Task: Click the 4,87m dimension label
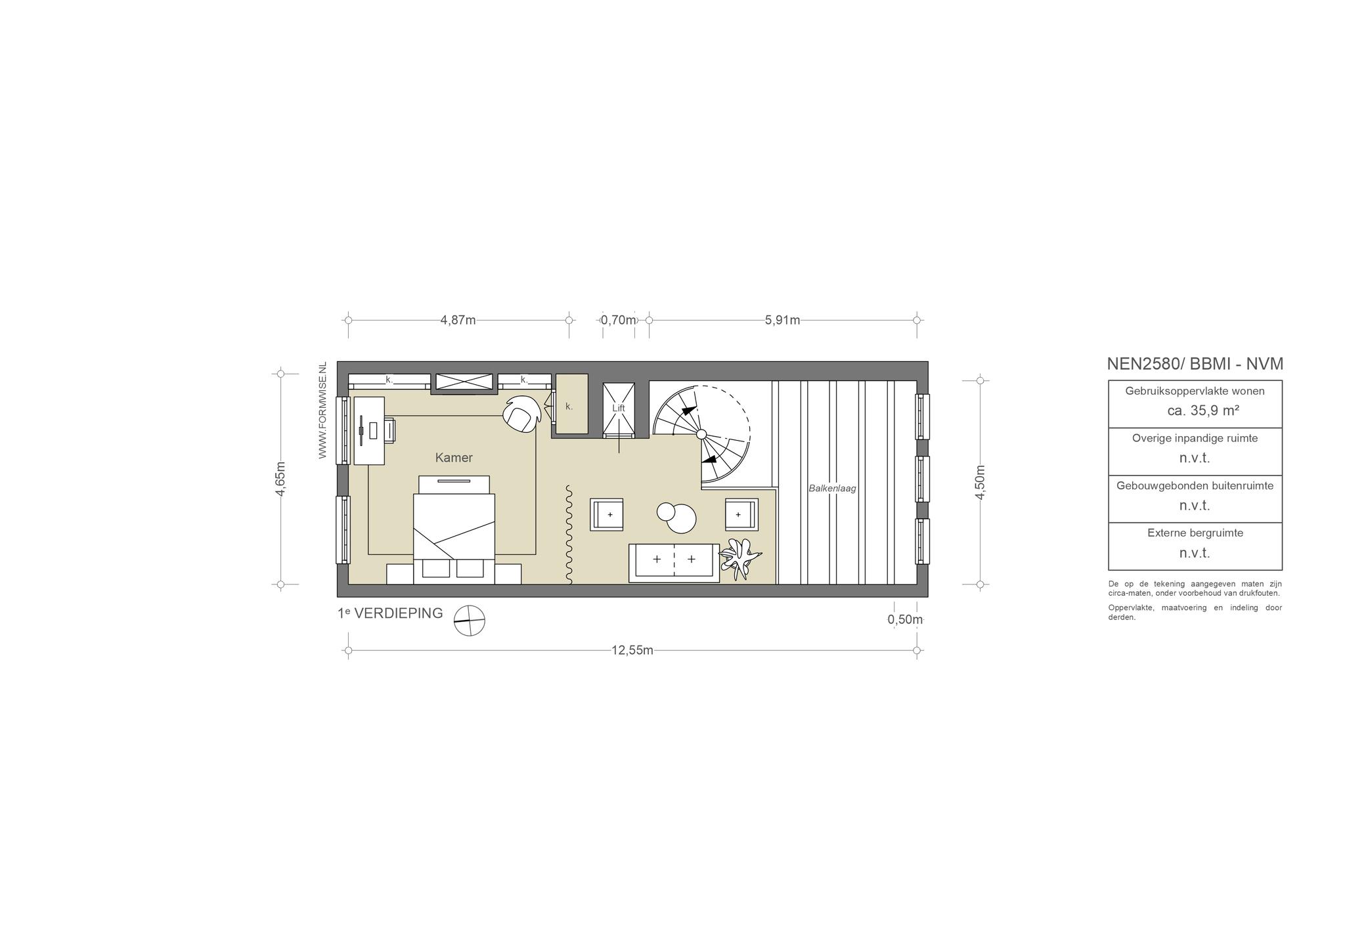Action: tap(458, 321)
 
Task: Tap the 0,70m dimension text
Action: tap(619, 321)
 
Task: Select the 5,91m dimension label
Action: tap(782, 321)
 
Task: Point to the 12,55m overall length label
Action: tap(632, 650)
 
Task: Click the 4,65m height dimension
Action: tap(280, 479)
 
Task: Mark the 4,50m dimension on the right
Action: tap(980, 482)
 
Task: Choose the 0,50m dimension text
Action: tap(905, 619)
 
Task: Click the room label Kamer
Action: tap(454, 458)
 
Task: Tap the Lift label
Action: tap(619, 408)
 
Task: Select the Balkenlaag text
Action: tap(832, 489)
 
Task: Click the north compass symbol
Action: tap(470, 621)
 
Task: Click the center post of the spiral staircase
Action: tap(701, 434)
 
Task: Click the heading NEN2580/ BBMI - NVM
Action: tap(1195, 364)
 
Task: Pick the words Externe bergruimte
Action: tap(1195, 533)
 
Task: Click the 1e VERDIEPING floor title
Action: tap(390, 613)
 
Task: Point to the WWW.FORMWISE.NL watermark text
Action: tap(322, 410)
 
